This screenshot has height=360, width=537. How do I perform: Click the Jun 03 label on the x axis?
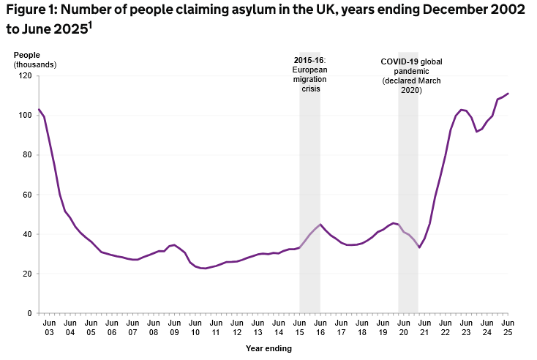(49, 327)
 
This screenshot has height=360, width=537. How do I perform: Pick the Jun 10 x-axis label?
(195, 327)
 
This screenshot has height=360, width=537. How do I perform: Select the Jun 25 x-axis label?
(508, 327)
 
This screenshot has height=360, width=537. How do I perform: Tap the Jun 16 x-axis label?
(320, 327)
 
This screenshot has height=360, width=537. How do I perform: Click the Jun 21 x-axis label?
(424, 327)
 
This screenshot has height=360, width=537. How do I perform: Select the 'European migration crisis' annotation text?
(310, 73)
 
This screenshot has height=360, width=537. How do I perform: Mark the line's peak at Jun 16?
(320, 224)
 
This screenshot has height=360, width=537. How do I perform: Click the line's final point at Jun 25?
(508, 94)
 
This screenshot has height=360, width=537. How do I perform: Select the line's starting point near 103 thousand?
(39, 109)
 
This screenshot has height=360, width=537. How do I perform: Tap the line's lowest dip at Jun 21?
(419, 247)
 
